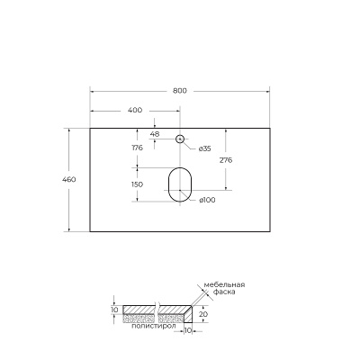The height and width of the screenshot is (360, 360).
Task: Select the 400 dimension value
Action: click(135, 111)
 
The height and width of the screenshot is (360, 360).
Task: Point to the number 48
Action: click(155, 134)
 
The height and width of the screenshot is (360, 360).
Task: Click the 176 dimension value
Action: click(138, 148)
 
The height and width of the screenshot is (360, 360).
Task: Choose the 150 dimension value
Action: click(138, 184)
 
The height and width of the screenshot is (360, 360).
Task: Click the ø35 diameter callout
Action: click(204, 148)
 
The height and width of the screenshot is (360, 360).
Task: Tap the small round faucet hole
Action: click(180, 139)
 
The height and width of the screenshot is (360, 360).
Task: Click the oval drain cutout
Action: click(180, 184)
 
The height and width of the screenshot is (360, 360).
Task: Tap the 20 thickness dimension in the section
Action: click(204, 314)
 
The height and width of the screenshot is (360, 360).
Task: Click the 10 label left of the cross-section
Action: click(114, 310)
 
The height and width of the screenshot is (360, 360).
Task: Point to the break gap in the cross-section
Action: click(156, 314)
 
